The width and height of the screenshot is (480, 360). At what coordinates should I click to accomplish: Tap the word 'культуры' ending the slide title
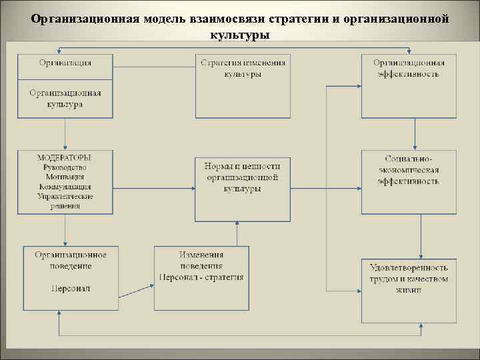[239, 33]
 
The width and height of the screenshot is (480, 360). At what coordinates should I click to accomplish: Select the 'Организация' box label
[65, 63]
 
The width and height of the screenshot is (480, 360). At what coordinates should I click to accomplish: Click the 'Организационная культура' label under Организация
[65, 99]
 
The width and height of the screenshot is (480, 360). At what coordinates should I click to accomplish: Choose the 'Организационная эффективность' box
[409, 68]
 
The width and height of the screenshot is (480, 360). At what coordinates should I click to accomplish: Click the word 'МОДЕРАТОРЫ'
[65, 157]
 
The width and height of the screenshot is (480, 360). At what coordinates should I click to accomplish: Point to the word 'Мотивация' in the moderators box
[65, 177]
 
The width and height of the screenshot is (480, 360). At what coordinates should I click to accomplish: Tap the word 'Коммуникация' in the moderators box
[65, 187]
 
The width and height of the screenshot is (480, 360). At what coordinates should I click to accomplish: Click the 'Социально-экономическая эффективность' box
[409, 171]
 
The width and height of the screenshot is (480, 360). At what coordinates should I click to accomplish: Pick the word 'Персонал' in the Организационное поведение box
[65, 289]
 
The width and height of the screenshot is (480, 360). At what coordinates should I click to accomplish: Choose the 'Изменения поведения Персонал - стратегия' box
[201, 266]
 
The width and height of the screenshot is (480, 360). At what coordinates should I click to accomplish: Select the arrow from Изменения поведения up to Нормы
[237, 234]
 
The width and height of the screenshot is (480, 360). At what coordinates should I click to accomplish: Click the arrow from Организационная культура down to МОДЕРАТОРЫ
[65, 134]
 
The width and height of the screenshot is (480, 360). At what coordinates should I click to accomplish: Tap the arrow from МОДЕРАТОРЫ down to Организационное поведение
[65, 230]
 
